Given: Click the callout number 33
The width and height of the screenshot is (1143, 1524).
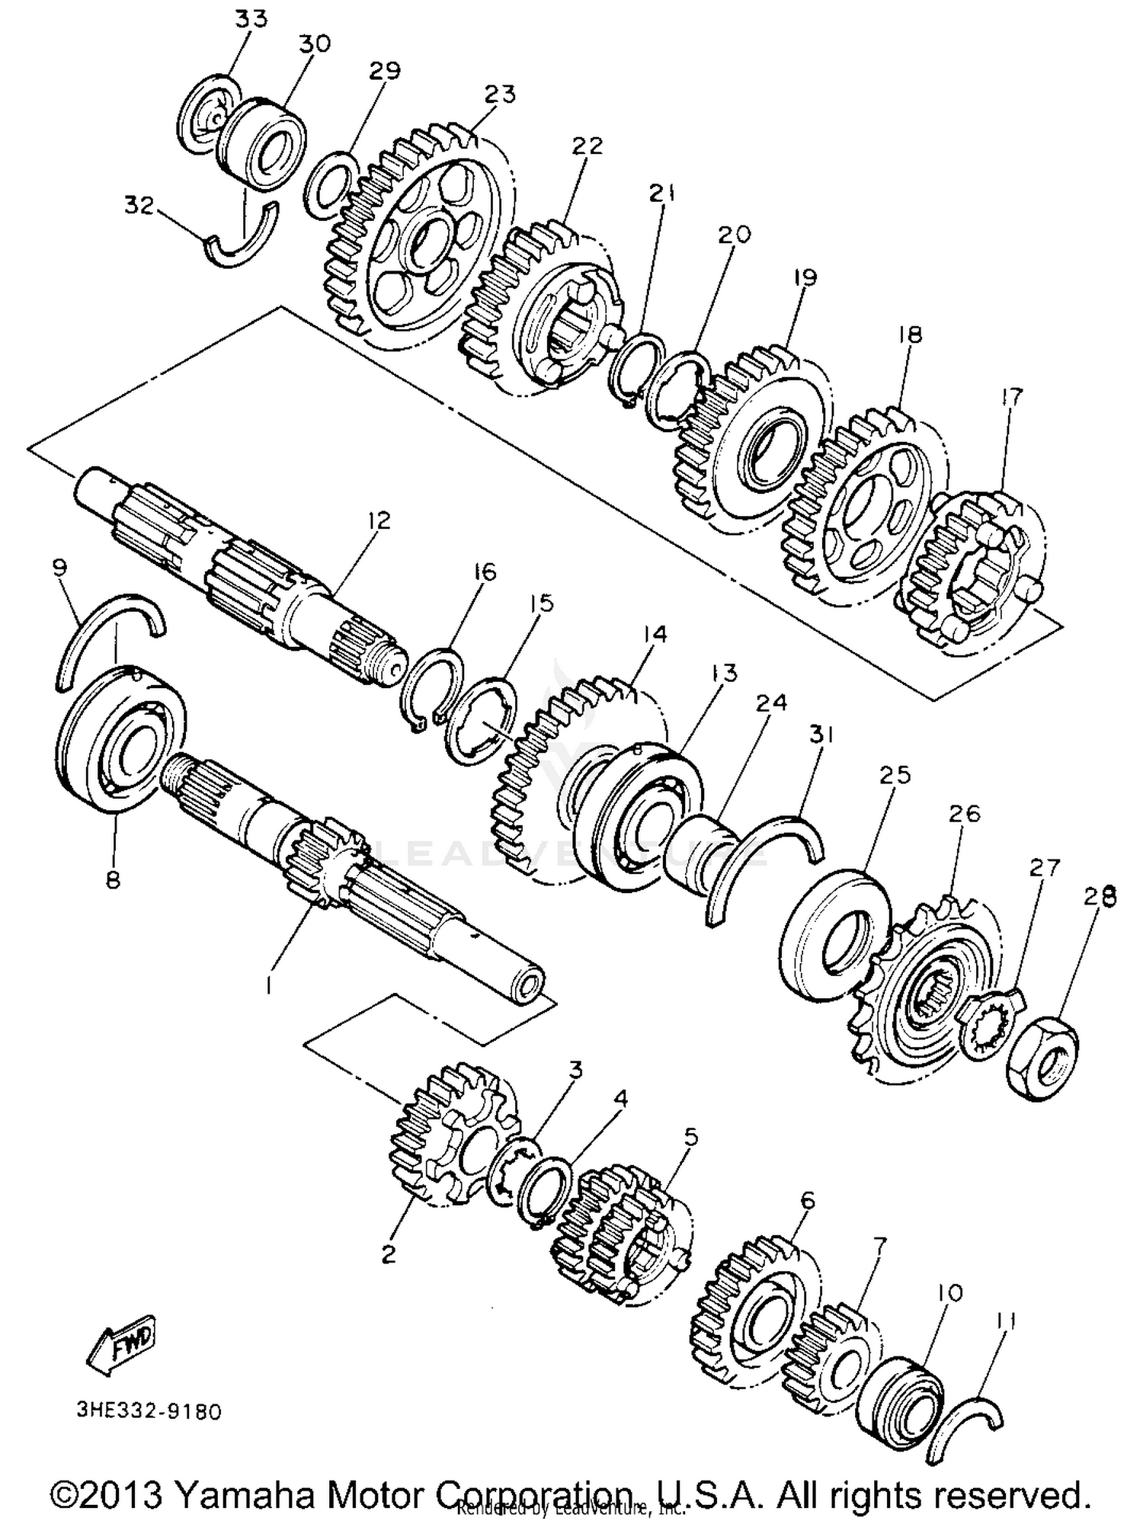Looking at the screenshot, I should click(x=251, y=18).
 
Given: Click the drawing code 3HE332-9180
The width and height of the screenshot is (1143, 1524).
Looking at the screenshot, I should click(x=149, y=1412).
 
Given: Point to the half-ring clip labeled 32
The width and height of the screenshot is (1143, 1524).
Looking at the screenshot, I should click(x=242, y=239).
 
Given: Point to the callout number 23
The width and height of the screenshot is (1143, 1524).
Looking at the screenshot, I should click(x=500, y=95).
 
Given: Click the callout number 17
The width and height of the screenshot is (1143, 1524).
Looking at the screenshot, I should click(x=1012, y=397).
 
